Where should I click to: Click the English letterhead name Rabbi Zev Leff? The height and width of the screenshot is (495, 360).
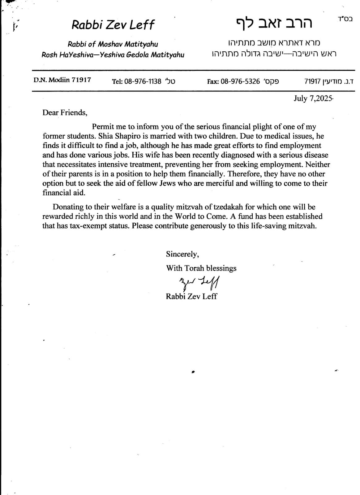[113, 25]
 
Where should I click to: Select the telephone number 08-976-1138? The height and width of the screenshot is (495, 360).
[143, 81]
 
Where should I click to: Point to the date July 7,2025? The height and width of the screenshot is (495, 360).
[313, 98]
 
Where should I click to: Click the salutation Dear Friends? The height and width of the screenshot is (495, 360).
[65, 112]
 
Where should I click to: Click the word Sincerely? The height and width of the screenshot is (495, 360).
[182, 254]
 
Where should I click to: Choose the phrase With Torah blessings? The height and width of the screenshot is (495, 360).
[201, 268]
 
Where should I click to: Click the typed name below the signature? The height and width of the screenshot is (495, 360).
[191, 296]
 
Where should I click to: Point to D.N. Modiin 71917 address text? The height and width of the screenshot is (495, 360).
[62, 80]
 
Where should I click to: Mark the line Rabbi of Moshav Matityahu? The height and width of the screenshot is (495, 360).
[113, 44]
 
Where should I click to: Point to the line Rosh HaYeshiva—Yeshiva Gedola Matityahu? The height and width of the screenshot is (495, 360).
[113, 55]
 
